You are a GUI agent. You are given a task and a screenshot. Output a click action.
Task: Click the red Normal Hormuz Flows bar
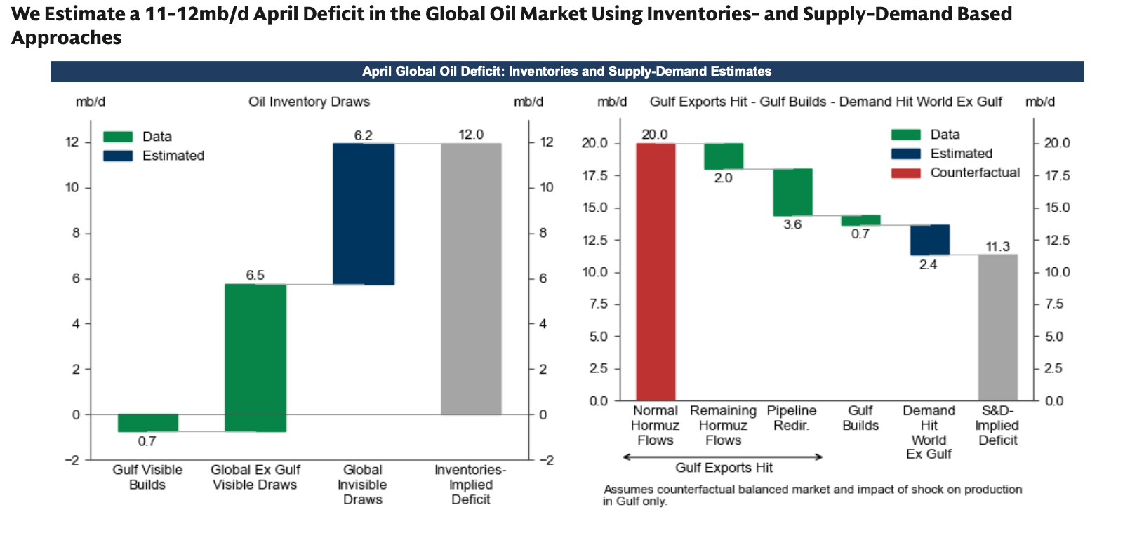656,271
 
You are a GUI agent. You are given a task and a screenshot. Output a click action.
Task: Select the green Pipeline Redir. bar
792,192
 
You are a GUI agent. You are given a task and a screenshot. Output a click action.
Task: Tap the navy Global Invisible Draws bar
363,214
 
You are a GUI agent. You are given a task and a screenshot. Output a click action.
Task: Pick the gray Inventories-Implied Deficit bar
471,278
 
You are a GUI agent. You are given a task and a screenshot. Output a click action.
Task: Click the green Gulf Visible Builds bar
147,423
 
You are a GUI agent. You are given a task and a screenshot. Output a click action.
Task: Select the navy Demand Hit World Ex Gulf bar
929,240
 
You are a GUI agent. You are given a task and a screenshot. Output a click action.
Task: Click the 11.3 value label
997,247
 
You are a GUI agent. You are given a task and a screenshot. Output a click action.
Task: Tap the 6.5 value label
255,275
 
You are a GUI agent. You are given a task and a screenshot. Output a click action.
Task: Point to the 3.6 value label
792,224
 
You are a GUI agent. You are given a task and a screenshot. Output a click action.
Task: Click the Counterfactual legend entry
974,173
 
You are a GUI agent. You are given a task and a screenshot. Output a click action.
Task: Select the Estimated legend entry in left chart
173,156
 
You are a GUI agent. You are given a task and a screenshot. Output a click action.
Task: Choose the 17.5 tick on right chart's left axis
595,175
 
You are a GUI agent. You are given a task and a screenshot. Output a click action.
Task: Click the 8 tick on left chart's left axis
76,233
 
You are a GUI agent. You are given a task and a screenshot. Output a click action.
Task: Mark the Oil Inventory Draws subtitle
309,102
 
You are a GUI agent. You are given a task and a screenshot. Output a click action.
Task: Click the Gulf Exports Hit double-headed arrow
723,457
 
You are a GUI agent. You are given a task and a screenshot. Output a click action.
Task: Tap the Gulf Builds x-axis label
860,418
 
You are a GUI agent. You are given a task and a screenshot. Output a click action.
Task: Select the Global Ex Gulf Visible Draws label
255,477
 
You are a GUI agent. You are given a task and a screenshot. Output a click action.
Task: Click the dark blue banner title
566,72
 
